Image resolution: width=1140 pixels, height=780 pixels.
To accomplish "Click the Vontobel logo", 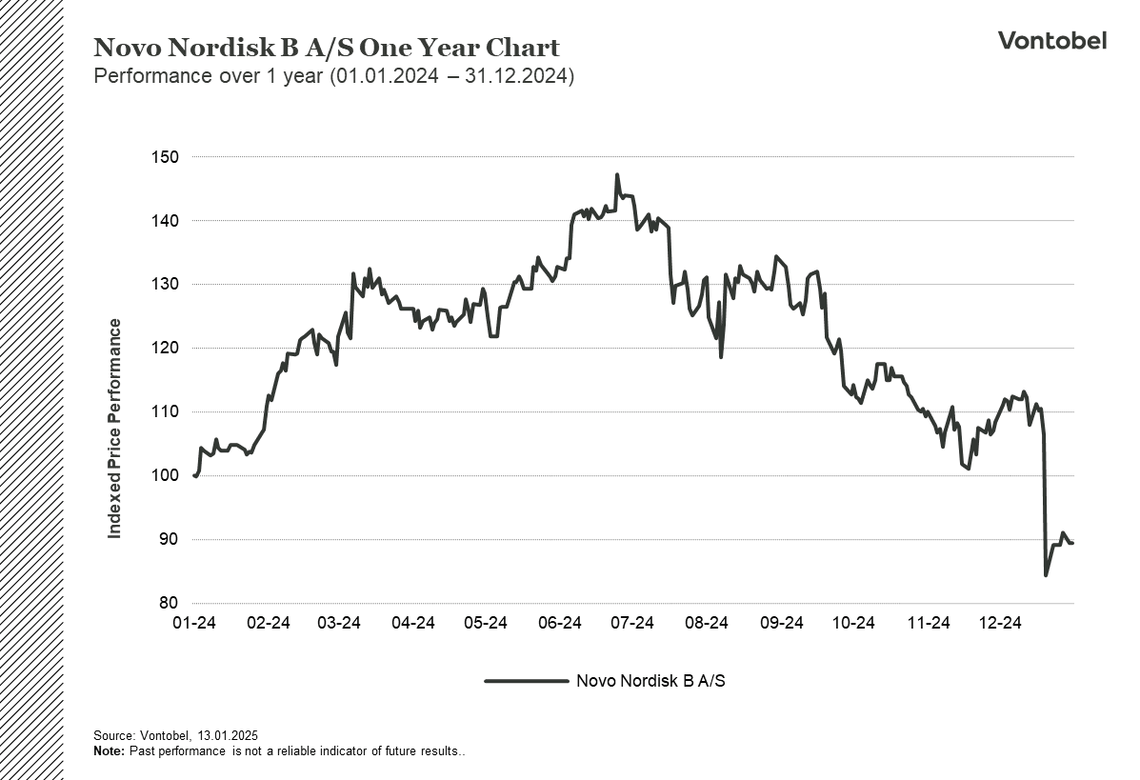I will point(1051,40).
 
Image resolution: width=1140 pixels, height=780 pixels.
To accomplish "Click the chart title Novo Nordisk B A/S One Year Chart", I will point(327,48).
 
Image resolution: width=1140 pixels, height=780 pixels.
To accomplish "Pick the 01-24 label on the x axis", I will point(194,623).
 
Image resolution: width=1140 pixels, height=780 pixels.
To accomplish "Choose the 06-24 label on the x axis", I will point(560,623).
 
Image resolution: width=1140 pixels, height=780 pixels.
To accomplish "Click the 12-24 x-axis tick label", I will point(999,623).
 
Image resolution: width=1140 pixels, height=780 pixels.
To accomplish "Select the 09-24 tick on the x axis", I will point(780,623).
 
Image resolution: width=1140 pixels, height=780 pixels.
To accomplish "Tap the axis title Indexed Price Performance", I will point(115,429).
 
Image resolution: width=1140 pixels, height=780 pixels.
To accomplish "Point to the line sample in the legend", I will point(526,681).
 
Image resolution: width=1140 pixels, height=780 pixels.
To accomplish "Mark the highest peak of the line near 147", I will point(617,175).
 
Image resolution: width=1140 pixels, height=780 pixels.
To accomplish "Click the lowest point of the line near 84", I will point(1046,575).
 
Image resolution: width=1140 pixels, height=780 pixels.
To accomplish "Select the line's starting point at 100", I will point(195,475).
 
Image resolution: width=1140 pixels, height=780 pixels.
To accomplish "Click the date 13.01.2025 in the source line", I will point(228,736).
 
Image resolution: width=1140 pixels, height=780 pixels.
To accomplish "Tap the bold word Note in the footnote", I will point(109,751).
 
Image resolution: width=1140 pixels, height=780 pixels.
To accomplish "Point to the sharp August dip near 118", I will point(721,357).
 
